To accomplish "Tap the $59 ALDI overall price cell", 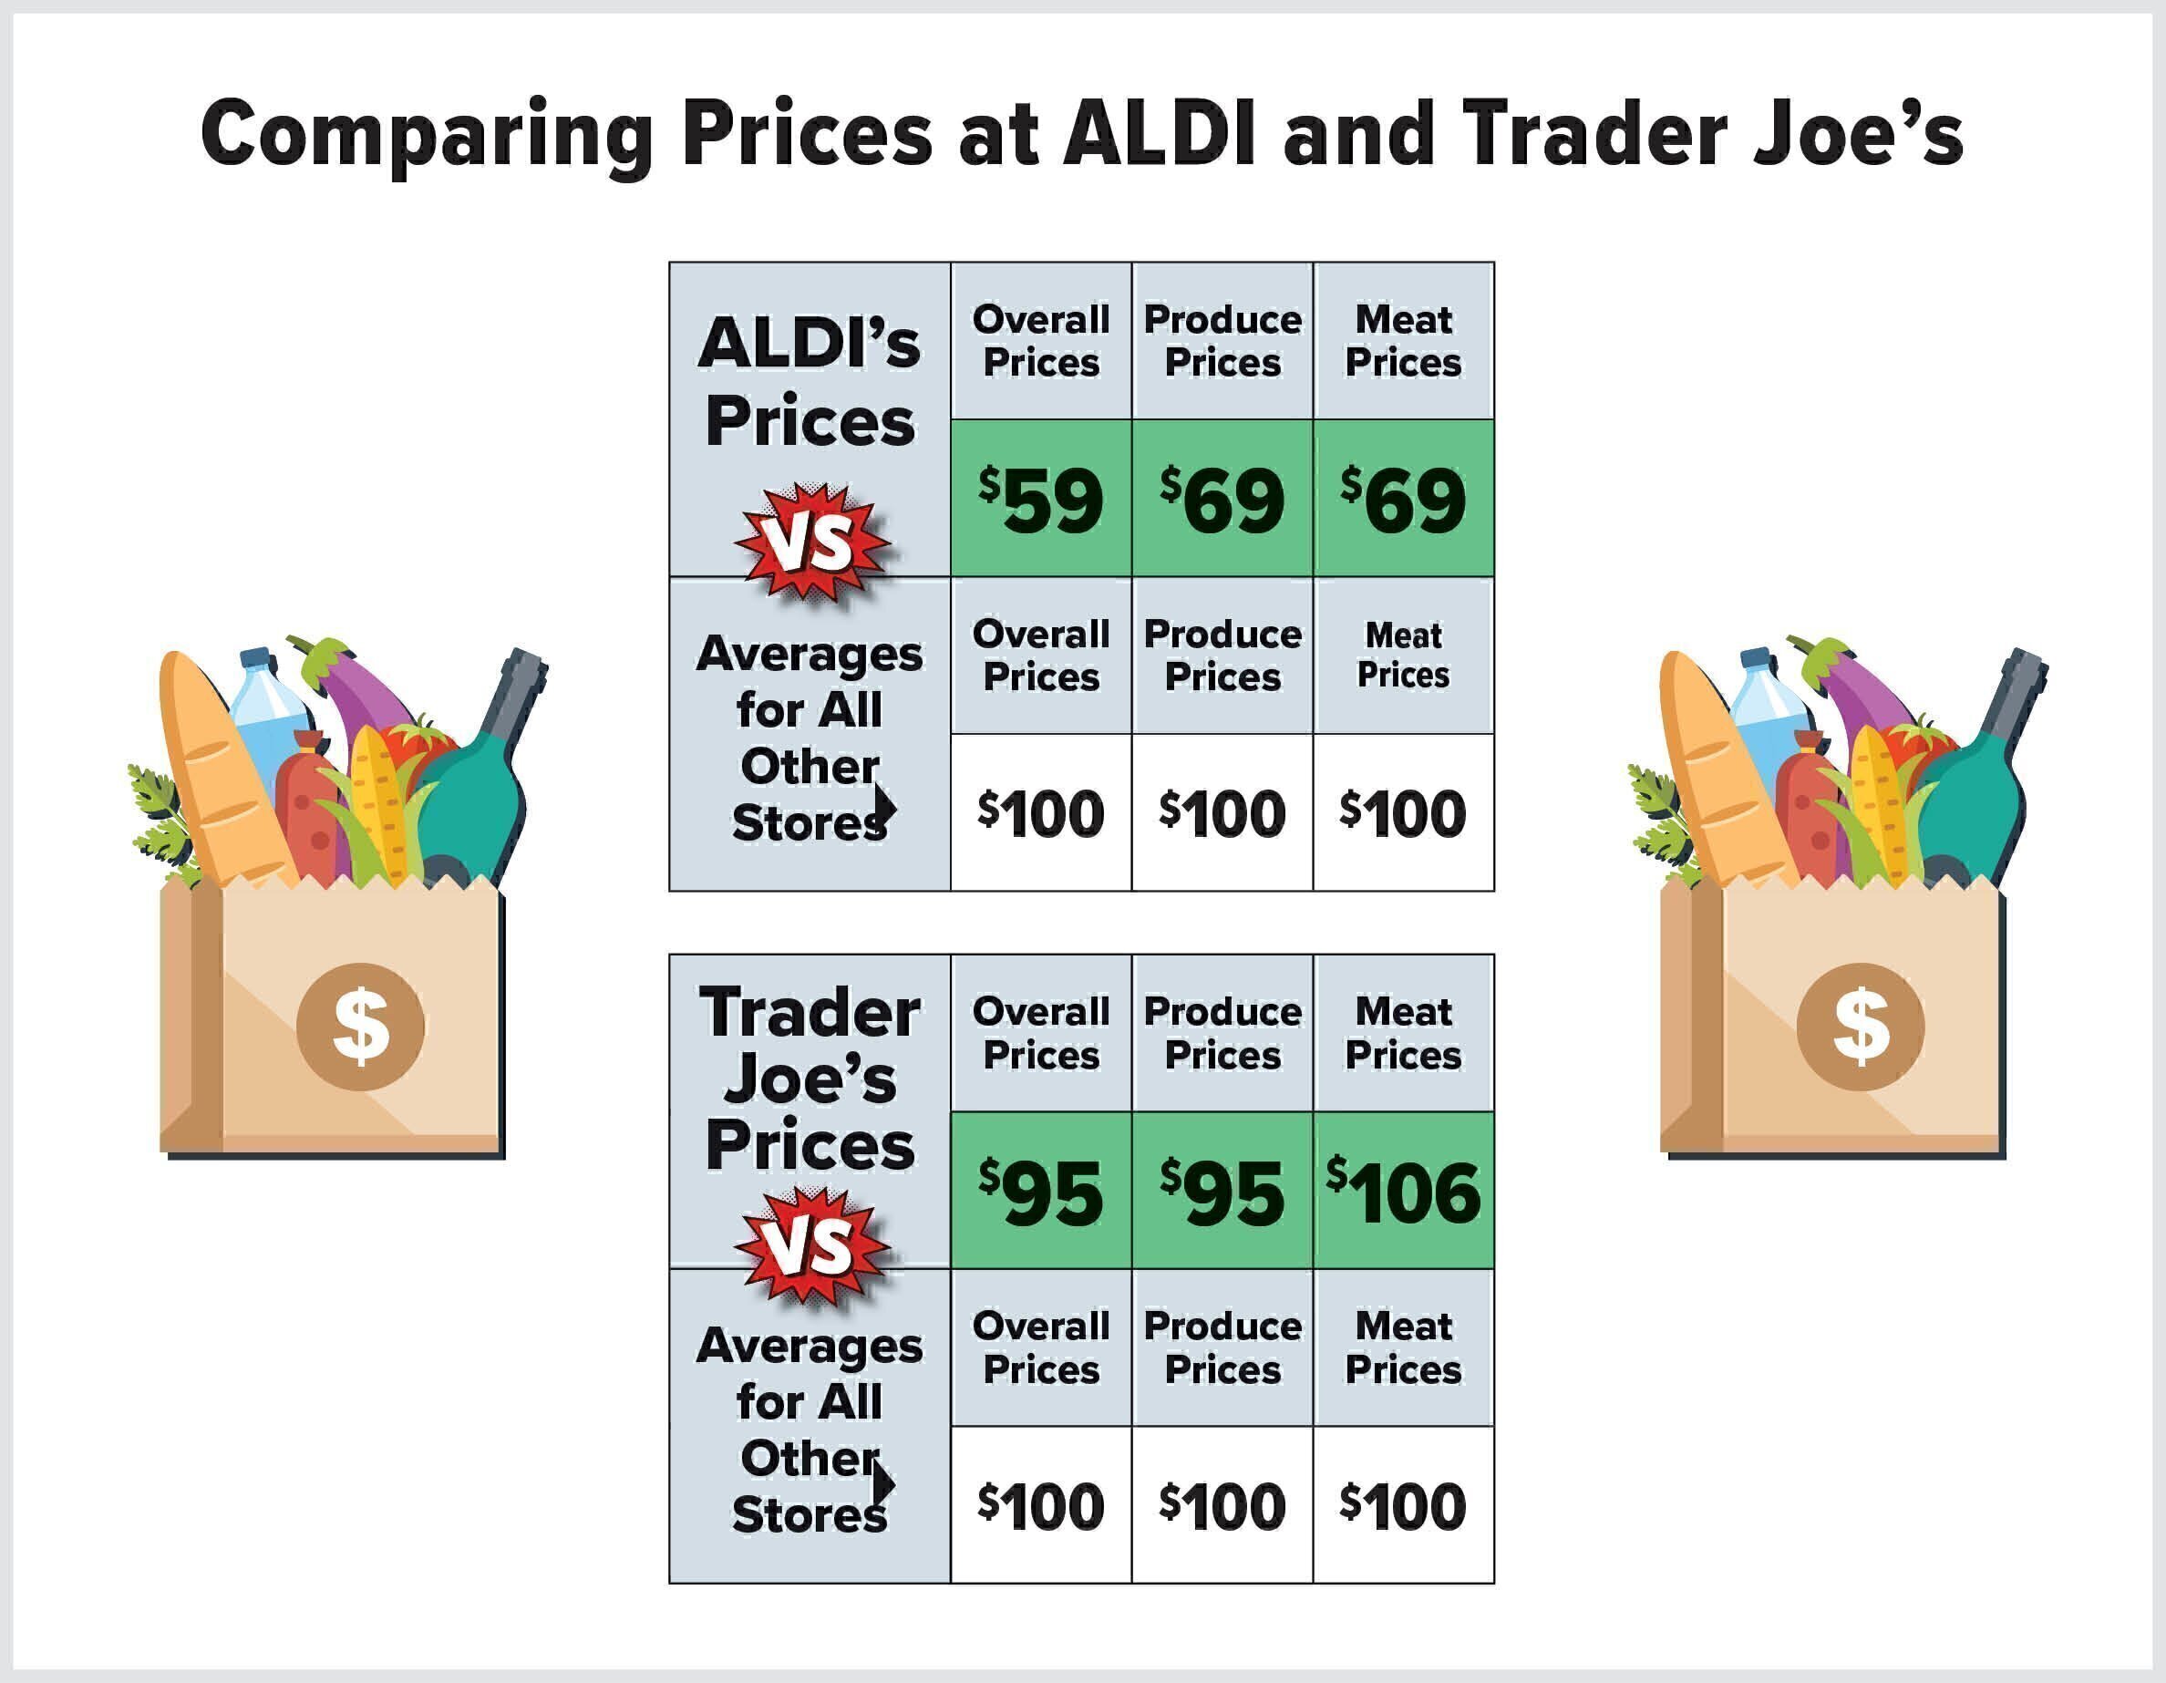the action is (x=1040, y=498).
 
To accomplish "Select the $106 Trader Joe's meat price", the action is (x=1403, y=1190).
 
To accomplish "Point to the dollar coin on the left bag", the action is (x=361, y=1027).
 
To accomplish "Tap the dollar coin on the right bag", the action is (x=1861, y=1027).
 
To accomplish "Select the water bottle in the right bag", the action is (x=1770, y=719).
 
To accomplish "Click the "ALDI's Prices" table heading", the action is (x=810, y=382).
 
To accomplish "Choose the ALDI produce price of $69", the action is (x=1222, y=498).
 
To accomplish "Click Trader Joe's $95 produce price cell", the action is (x=1222, y=1190).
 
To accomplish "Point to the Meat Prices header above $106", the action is (x=1403, y=1033).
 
